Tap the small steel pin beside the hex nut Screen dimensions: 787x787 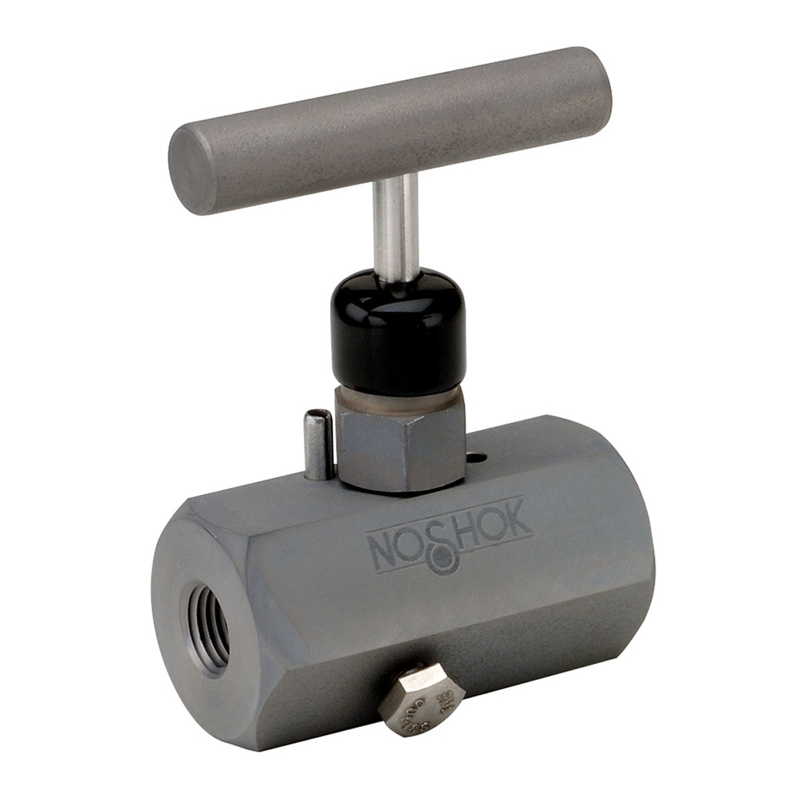coord(317,444)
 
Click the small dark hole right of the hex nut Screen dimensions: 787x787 coord(477,459)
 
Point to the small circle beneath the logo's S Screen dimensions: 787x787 coord(447,566)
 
